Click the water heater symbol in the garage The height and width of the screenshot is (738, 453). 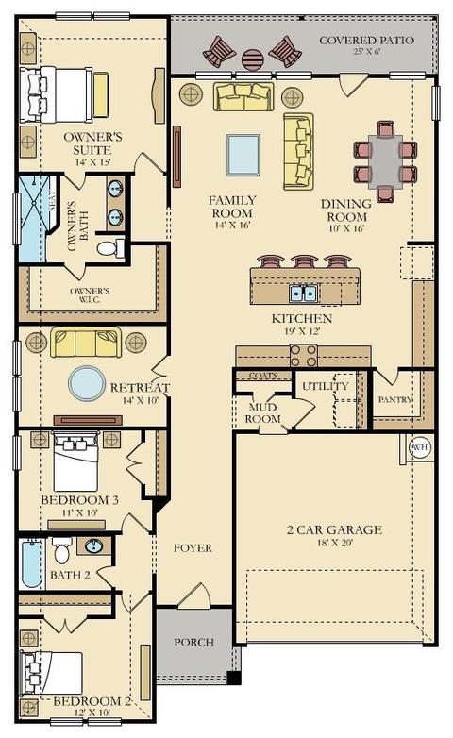pyautogui.click(x=419, y=446)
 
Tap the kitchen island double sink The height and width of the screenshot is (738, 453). pyautogui.click(x=304, y=294)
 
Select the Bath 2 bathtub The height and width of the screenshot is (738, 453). pyautogui.click(x=31, y=563)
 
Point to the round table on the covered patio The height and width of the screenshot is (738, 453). pyautogui.click(x=253, y=59)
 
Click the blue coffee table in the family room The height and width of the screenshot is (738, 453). pyautogui.click(x=243, y=155)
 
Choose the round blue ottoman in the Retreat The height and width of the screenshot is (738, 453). pyautogui.click(x=87, y=383)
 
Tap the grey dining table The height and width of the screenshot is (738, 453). pyautogui.click(x=386, y=162)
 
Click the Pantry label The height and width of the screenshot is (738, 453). pyautogui.click(x=395, y=399)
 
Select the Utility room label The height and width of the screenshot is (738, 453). pyautogui.click(x=326, y=386)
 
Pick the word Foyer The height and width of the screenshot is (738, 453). pyautogui.click(x=193, y=548)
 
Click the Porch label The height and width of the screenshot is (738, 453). pyautogui.click(x=193, y=642)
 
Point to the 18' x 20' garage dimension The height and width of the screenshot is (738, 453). pyautogui.click(x=335, y=543)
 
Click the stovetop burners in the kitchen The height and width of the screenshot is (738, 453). pyautogui.click(x=304, y=356)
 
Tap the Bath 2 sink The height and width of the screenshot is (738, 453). pyautogui.click(x=93, y=546)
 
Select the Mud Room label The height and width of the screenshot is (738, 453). pyautogui.click(x=262, y=412)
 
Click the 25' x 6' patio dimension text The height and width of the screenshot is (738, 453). pyautogui.click(x=366, y=51)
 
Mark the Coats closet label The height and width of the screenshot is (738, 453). pyautogui.click(x=262, y=376)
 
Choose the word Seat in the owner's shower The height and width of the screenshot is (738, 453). pyautogui.click(x=52, y=201)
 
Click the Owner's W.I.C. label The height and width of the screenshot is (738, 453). pyautogui.click(x=90, y=295)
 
